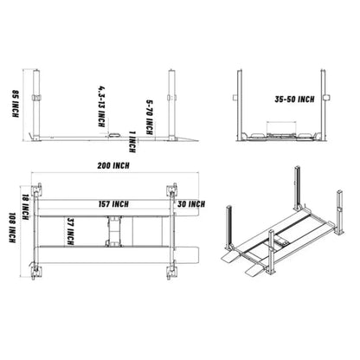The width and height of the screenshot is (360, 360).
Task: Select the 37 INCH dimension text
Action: [x=69, y=231]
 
